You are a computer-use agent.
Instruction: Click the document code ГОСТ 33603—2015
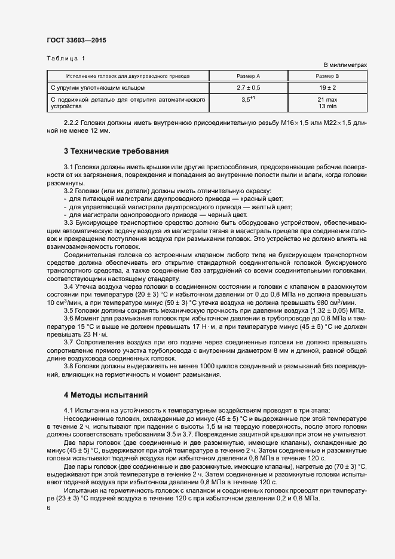click(77, 41)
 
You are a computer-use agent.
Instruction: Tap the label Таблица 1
click(66, 58)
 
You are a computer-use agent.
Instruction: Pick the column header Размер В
click(327, 77)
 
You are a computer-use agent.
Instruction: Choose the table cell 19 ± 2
click(327, 87)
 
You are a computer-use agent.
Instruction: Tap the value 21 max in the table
click(327, 99)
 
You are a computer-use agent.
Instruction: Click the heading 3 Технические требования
click(116, 151)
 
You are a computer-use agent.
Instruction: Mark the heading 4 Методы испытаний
click(105, 395)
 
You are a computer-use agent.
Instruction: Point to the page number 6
click(48, 508)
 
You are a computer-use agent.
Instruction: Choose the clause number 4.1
click(69, 410)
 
